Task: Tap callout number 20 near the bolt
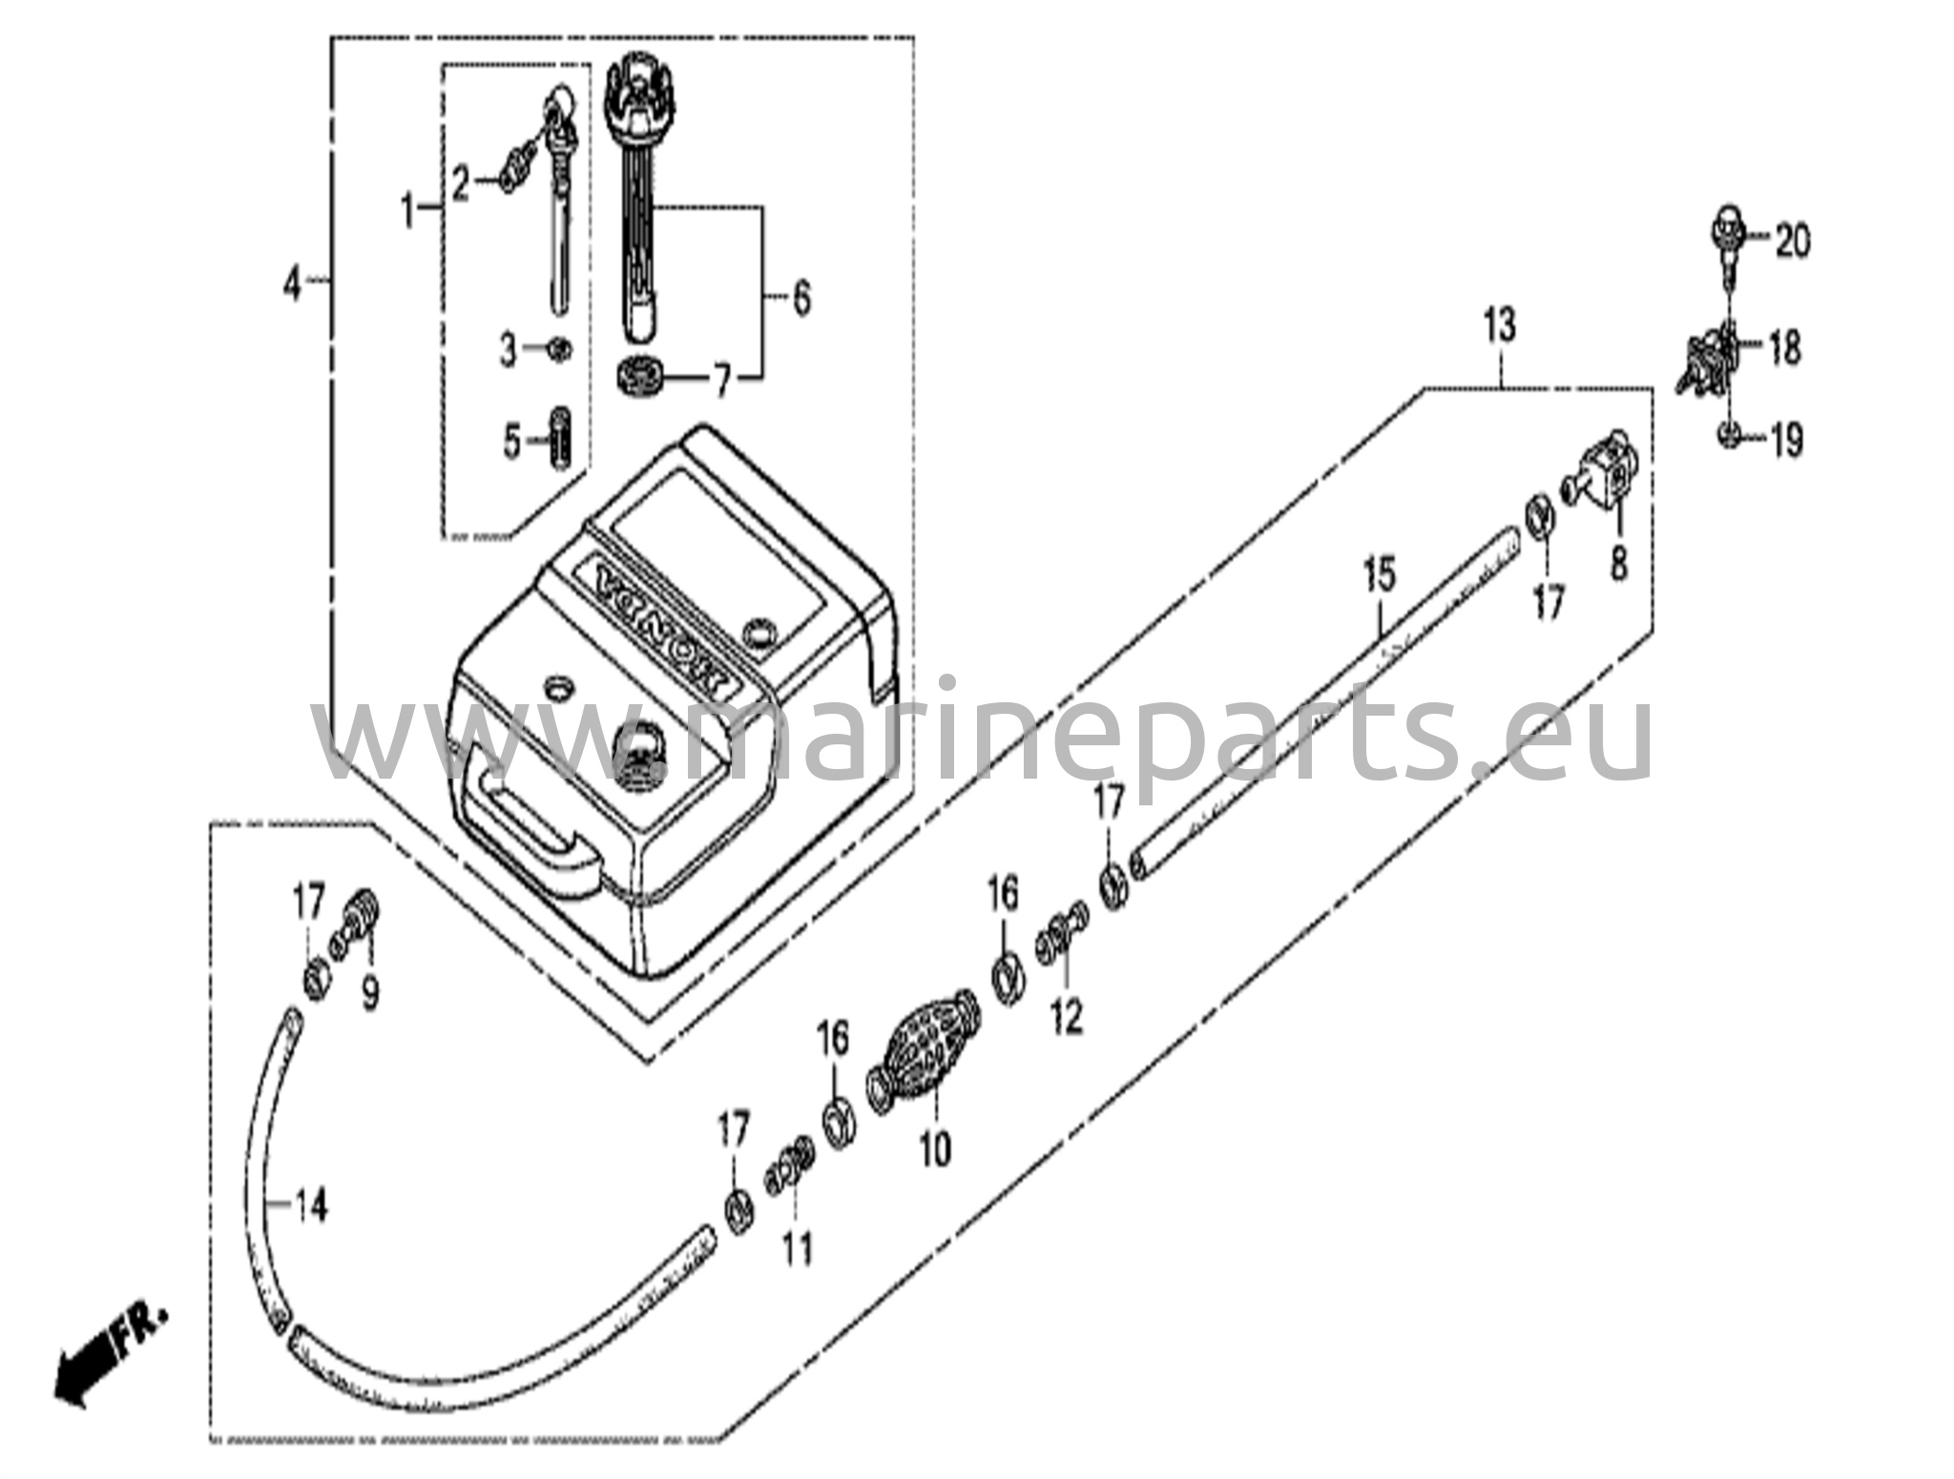coord(1792,241)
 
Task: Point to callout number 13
coord(1499,327)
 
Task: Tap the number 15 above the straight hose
coord(1379,575)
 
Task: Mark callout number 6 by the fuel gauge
coord(800,299)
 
